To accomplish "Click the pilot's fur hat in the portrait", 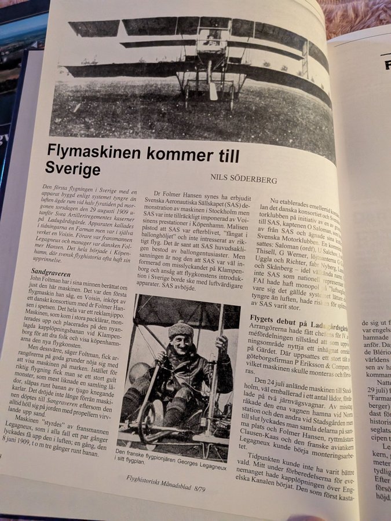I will [180, 331].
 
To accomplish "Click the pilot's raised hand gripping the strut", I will [221, 343].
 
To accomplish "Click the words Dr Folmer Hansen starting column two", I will [174, 192].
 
